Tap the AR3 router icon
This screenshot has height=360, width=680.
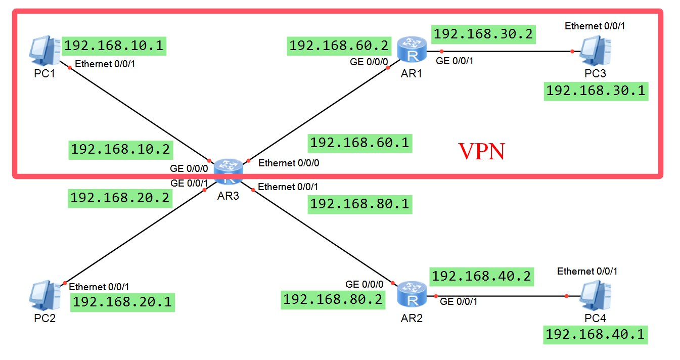(228, 171)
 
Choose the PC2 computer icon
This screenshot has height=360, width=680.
(45, 296)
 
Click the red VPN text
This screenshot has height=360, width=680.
(481, 152)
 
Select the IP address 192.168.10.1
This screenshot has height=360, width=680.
(114, 46)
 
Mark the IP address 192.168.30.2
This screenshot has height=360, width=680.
(483, 34)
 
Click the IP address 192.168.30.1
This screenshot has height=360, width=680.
(596, 91)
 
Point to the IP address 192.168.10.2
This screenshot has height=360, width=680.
(120, 149)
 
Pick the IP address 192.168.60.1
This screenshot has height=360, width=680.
(359, 143)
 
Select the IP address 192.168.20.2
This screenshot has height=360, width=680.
(120, 198)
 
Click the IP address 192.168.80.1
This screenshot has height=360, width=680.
(359, 204)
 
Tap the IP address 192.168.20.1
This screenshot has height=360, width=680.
(122, 302)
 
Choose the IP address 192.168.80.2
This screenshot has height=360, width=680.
(333, 299)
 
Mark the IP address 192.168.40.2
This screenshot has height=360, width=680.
(481, 276)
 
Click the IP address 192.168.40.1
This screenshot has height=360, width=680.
(595, 335)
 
